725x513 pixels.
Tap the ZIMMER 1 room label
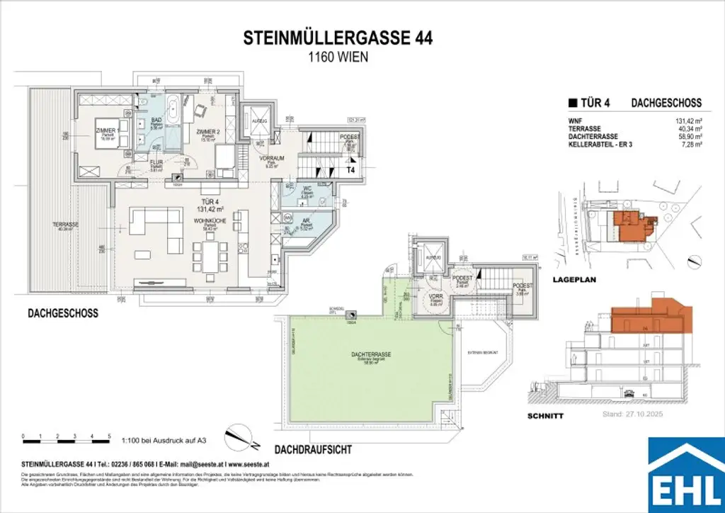(x=106, y=131)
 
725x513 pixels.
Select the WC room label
(x=307, y=189)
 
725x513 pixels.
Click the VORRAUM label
(x=271, y=159)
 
